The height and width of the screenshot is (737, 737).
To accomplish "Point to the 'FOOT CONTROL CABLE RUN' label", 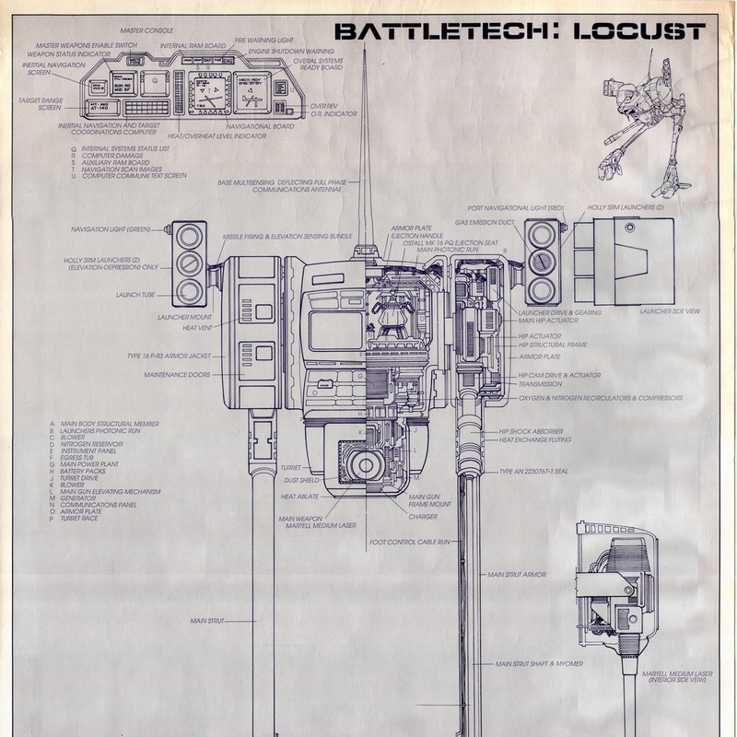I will pyautogui.click(x=409, y=542).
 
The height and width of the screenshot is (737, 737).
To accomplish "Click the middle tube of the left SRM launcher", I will pyautogui.click(x=190, y=263).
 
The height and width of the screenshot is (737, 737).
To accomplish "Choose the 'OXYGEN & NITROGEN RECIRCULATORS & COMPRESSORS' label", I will pyautogui.click(x=601, y=398).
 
